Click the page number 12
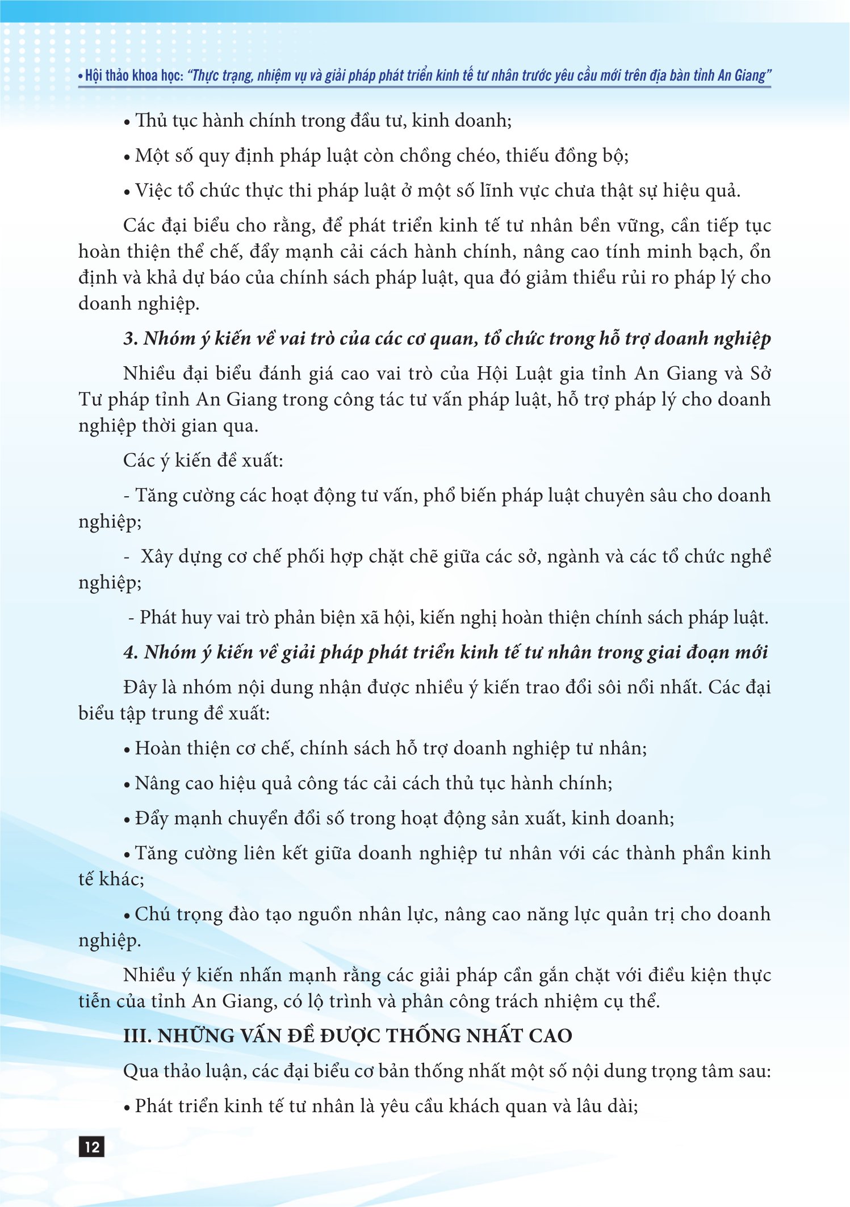pyautogui.click(x=91, y=1147)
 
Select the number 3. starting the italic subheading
pyautogui.click(x=131, y=339)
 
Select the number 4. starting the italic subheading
pyautogui.click(x=131, y=652)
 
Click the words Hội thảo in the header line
pyautogui.click(x=107, y=76)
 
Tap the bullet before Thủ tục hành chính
pyautogui.click(x=127, y=123)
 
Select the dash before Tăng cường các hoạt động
pyautogui.click(x=127, y=496)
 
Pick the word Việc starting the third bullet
pyautogui.click(x=153, y=191)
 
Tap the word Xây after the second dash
pyautogui.click(x=157, y=557)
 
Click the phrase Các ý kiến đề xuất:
pyautogui.click(x=203, y=460)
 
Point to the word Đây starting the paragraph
pyautogui.click(x=140, y=688)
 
